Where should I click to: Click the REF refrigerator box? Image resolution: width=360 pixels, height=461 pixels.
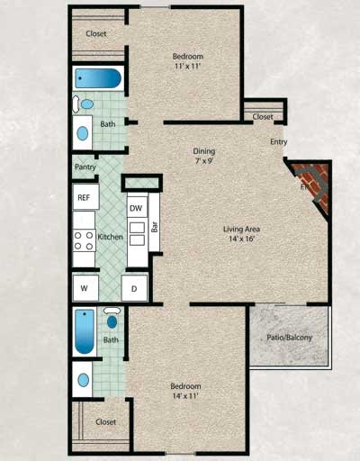pos(84,197)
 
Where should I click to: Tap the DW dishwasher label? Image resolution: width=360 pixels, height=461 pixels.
pos(136,208)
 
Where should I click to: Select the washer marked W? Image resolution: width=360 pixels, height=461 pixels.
pos(84,289)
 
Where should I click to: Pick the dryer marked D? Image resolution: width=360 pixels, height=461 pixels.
pos(134,289)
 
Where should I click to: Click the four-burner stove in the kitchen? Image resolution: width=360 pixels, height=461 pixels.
pos(84,240)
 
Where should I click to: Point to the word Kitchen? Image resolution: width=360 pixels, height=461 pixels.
pos(110,237)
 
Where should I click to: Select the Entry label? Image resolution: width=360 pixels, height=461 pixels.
pos(279,142)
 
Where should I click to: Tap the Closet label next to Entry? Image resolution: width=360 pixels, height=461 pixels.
pos(263,117)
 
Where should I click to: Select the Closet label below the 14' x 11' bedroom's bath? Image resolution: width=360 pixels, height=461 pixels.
pos(105,420)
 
